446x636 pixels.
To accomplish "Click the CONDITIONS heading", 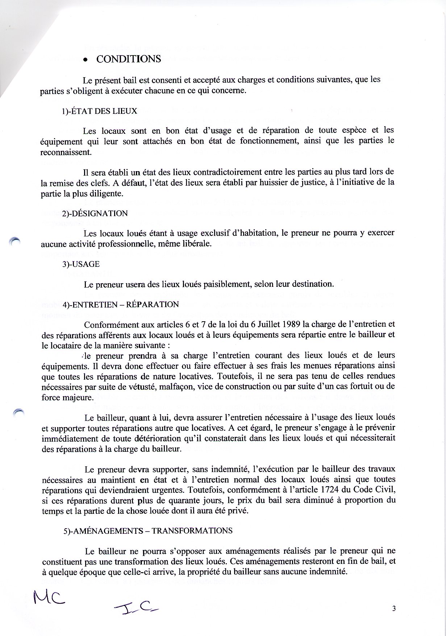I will [128, 59].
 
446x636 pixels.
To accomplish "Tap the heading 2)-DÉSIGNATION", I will [95, 213].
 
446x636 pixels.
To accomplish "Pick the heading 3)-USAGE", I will [81, 264].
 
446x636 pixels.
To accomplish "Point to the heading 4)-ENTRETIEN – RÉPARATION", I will [121, 304].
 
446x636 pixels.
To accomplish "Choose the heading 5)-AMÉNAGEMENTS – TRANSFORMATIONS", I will [148, 530].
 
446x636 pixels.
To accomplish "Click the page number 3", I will [393, 608].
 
